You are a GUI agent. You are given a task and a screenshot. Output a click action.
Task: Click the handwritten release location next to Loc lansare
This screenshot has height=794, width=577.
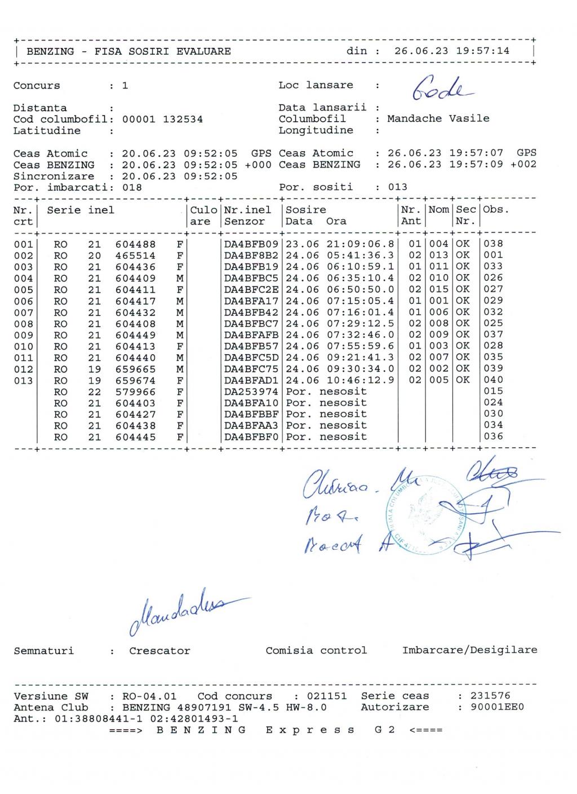[442, 87]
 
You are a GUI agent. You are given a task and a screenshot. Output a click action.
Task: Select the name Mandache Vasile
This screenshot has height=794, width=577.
[438, 118]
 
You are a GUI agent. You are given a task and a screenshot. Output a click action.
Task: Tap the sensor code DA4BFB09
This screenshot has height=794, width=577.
[251, 244]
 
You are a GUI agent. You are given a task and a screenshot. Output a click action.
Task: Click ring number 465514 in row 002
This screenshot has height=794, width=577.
[136, 255]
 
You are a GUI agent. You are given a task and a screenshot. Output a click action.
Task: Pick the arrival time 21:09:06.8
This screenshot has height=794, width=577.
[360, 244]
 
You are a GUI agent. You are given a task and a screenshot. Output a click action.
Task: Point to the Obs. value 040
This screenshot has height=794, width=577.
[493, 380]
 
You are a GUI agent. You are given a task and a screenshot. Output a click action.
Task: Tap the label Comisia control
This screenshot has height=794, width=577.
[316, 650]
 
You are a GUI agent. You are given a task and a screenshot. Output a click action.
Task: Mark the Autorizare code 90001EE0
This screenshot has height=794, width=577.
[497, 707]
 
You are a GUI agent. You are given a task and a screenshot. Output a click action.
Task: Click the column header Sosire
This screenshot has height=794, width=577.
[305, 210]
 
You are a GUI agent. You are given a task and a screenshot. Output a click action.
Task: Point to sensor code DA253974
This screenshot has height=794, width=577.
[251, 391]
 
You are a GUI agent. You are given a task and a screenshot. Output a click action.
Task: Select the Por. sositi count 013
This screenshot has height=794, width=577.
[398, 187]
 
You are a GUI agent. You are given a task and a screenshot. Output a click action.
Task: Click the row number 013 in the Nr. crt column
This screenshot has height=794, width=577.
[23, 381]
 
